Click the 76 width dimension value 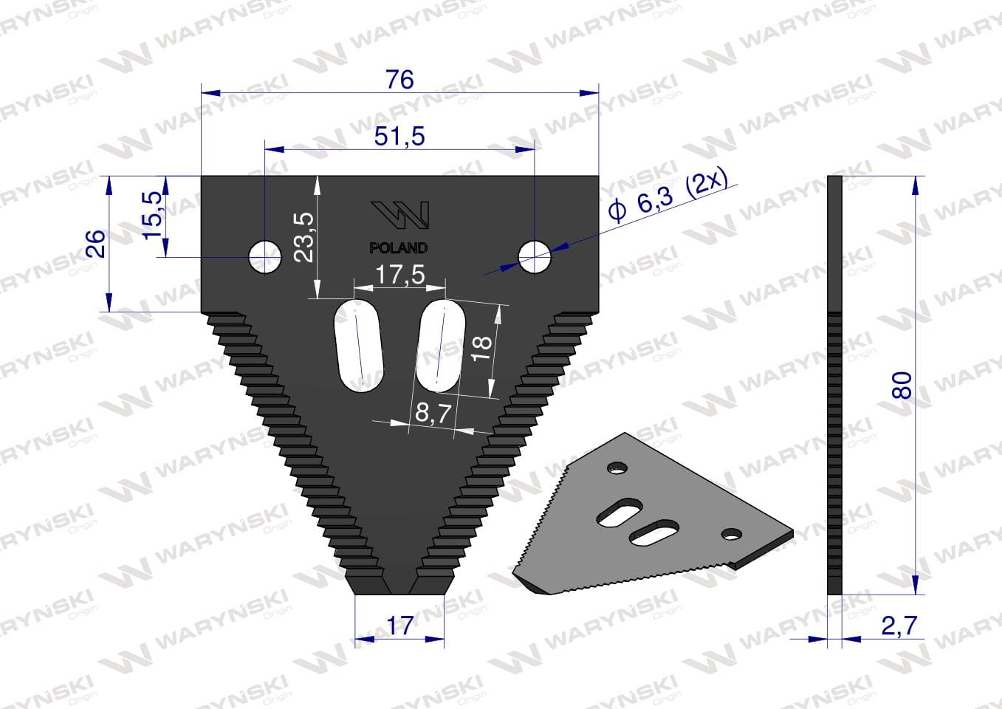point(399,79)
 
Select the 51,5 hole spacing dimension point(399,136)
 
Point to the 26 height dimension point(95,243)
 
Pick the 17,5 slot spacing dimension point(399,275)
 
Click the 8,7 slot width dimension point(433,413)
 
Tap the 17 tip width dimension point(399,625)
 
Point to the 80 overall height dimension point(902,385)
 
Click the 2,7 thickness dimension point(899,626)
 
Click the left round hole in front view point(264,257)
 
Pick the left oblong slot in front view point(360,346)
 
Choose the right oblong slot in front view point(440,344)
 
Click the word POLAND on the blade point(398,248)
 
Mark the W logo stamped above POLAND point(399,214)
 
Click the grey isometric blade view point(650,517)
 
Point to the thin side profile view point(834,384)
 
